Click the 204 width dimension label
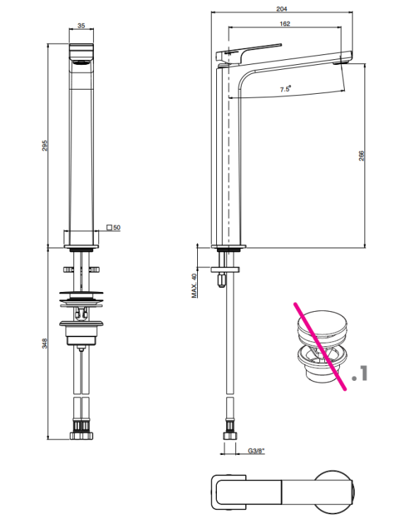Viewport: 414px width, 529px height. [x=282, y=8]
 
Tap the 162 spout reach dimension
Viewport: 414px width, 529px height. [x=285, y=23]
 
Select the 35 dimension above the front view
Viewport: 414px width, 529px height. [x=81, y=25]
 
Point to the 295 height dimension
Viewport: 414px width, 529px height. [x=45, y=145]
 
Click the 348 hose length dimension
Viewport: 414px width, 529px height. [x=45, y=343]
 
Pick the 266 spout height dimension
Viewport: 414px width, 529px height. [x=361, y=156]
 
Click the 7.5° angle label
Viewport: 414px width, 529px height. [x=285, y=89]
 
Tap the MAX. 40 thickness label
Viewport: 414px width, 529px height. [x=194, y=286]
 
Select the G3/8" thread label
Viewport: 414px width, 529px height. [x=256, y=451]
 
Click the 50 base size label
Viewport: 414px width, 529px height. [x=117, y=228]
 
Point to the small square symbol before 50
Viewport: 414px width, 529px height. [x=110, y=227]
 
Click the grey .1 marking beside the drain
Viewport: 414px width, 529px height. [x=360, y=373]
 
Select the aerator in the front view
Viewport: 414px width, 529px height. [x=81, y=62]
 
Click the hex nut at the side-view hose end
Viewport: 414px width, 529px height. [x=230, y=436]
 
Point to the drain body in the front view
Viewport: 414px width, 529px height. [x=81, y=332]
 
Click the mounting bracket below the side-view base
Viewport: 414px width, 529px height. [x=225, y=269]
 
